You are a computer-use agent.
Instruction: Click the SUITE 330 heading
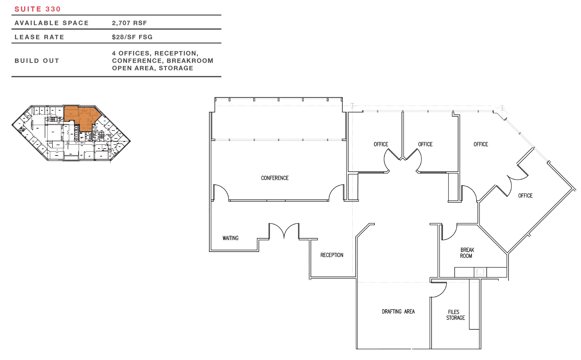pyautogui.click(x=37, y=9)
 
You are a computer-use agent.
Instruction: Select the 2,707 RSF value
pyautogui.click(x=129, y=23)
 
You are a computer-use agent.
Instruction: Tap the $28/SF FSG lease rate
pyautogui.click(x=132, y=37)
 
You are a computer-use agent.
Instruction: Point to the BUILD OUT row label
pyautogui.click(x=37, y=61)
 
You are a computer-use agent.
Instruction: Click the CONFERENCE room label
pyautogui.click(x=275, y=178)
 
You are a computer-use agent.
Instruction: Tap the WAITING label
pyautogui.click(x=230, y=238)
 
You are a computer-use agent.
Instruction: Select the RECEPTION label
pyautogui.click(x=332, y=255)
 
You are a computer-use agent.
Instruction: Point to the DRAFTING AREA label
pyautogui.click(x=398, y=312)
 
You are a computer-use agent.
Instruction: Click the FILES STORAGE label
pyautogui.click(x=455, y=315)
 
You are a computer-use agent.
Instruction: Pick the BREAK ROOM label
pyautogui.click(x=467, y=253)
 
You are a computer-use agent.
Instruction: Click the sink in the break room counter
pyautogui.click(x=480, y=272)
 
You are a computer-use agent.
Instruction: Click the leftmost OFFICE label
pyautogui.click(x=381, y=144)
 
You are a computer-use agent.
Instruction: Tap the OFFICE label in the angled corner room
pyautogui.click(x=525, y=196)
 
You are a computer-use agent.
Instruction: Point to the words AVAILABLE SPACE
pyautogui.click(x=52, y=23)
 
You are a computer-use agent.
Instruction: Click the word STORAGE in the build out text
pyautogui.click(x=176, y=68)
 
